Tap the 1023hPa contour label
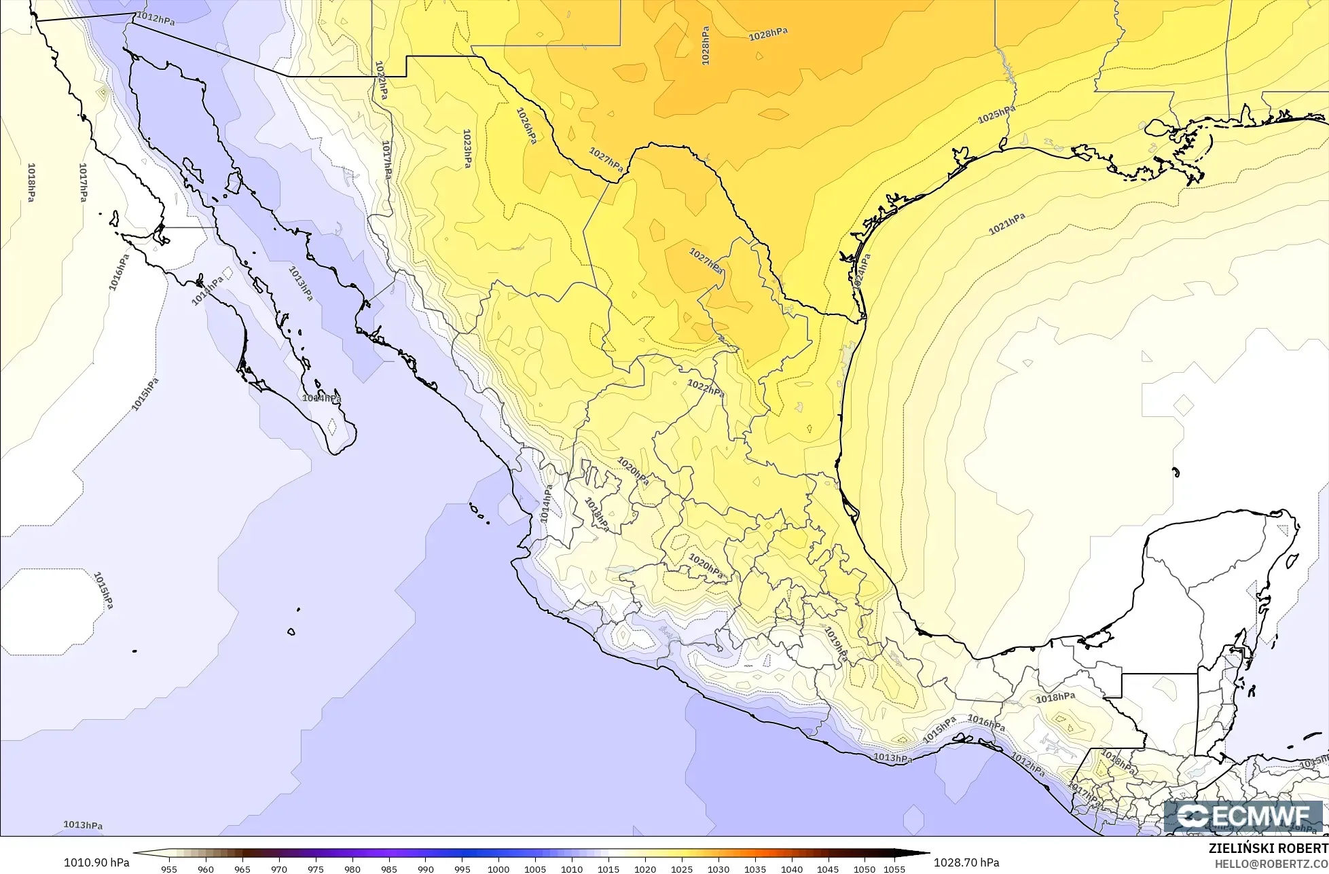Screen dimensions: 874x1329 [467, 149]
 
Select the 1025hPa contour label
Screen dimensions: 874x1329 [996, 115]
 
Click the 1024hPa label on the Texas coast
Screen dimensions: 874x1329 [862, 272]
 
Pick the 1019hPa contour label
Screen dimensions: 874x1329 [836, 644]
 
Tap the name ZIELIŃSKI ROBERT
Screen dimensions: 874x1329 [1268, 848]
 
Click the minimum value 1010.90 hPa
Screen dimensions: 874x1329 [96, 862]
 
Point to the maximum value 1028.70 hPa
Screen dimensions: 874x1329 [966, 862]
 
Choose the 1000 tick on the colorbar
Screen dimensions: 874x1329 [498, 869]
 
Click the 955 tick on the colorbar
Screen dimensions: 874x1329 [169, 869]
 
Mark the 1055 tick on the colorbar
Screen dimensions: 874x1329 [895, 869]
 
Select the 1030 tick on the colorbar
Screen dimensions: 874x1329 [718, 869]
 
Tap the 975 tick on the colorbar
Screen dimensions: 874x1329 [316, 869]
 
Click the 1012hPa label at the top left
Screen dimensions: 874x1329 [156, 18]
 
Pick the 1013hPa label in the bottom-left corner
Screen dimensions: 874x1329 [83, 825]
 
